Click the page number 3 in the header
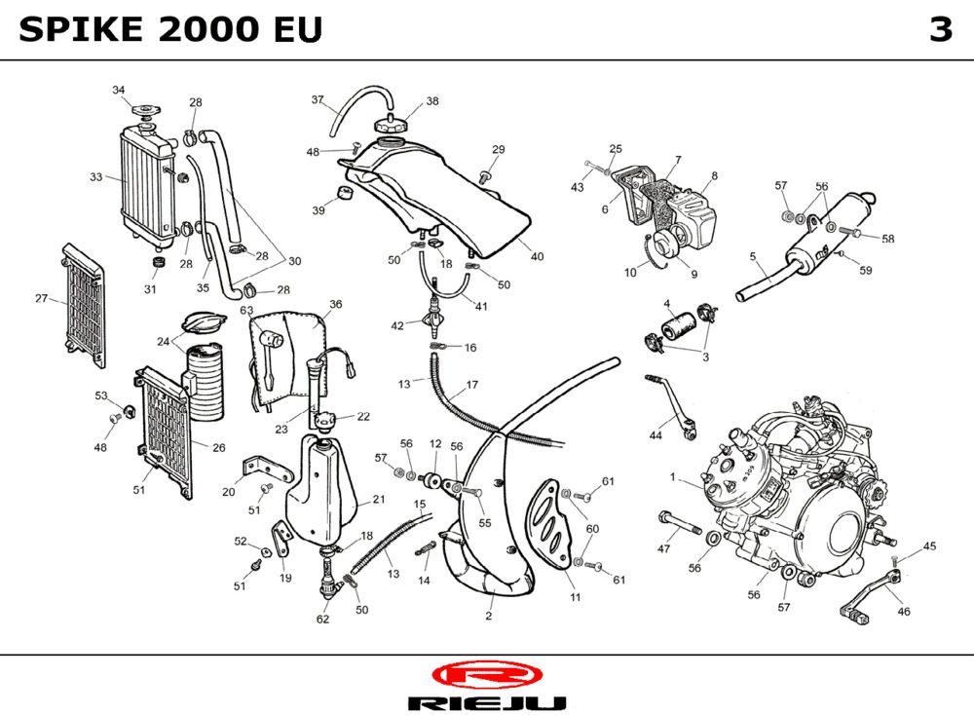tap(940, 30)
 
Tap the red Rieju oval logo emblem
tap(484, 674)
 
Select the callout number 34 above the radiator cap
tap(119, 91)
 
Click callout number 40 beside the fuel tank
tap(537, 256)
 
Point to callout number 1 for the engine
tap(672, 476)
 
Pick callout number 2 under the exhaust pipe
tap(489, 616)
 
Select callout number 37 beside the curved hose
tap(318, 99)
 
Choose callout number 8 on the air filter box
tap(714, 176)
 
